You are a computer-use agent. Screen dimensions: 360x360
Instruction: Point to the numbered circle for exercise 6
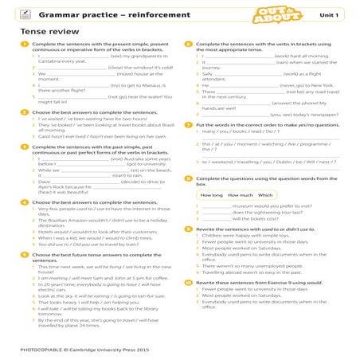(188, 45)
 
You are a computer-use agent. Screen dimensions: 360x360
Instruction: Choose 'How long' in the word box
(212, 194)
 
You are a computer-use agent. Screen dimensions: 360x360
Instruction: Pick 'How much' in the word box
(240, 194)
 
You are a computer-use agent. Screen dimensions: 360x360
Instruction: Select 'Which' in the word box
(265, 194)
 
